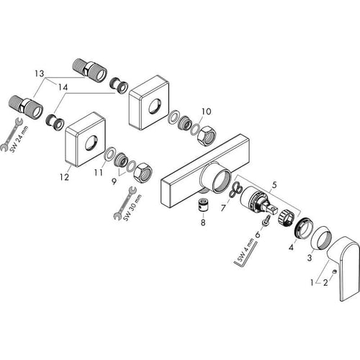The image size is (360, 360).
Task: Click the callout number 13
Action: (39, 73)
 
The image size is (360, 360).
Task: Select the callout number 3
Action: (310, 257)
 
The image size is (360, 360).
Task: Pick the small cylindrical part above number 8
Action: (203, 206)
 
